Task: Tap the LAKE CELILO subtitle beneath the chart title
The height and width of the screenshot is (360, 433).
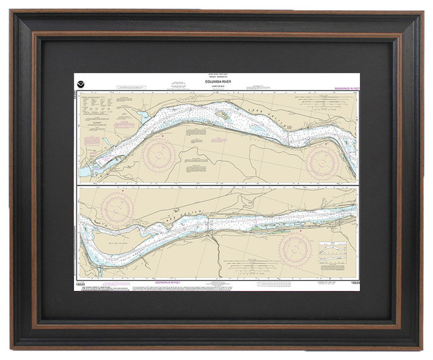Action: pyautogui.click(x=216, y=87)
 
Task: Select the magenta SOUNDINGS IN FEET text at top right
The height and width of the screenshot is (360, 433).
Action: pyautogui.click(x=346, y=89)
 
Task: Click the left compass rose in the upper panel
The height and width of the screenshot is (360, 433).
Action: pyautogui.click(x=160, y=155)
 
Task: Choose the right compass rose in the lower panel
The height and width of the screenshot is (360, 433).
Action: pyautogui.click(x=294, y=250)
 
